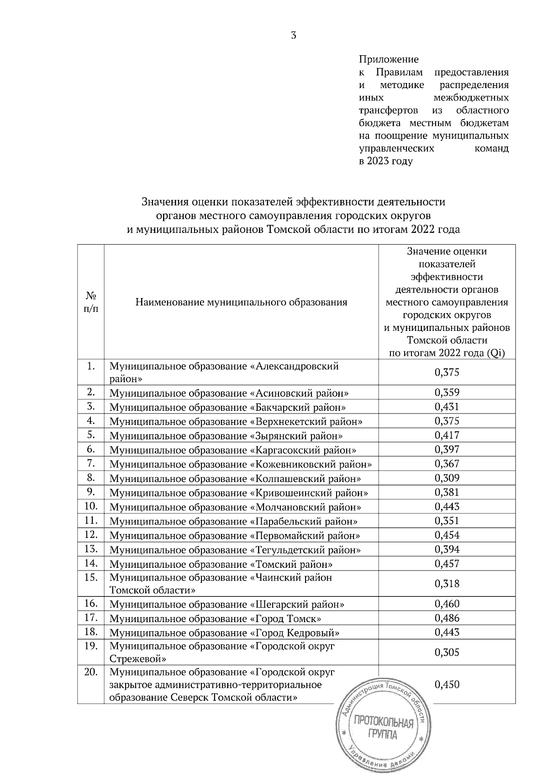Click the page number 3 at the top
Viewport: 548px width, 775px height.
(293, 36)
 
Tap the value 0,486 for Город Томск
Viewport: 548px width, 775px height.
(447, 618)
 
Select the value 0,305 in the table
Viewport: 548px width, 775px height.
(447, 652)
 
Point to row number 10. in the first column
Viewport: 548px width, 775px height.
(91, 506)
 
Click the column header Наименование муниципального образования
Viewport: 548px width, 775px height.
(241, 302)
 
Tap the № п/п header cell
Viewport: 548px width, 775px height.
(91, 302)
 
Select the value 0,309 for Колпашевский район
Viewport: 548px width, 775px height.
(447, 478)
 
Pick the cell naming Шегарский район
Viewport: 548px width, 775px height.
(227, 604)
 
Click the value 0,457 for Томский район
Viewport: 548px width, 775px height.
(447, 563)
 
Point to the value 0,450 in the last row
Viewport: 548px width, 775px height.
(447, 684)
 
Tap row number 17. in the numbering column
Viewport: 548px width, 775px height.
(91, 618)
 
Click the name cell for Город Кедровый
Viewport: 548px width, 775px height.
(224, 633)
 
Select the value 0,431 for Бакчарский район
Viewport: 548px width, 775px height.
(447, 407)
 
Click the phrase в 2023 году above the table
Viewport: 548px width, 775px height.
(385, 162)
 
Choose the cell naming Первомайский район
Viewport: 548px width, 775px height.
(234, 535)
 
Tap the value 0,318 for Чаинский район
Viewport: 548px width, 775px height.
(447, 584)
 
